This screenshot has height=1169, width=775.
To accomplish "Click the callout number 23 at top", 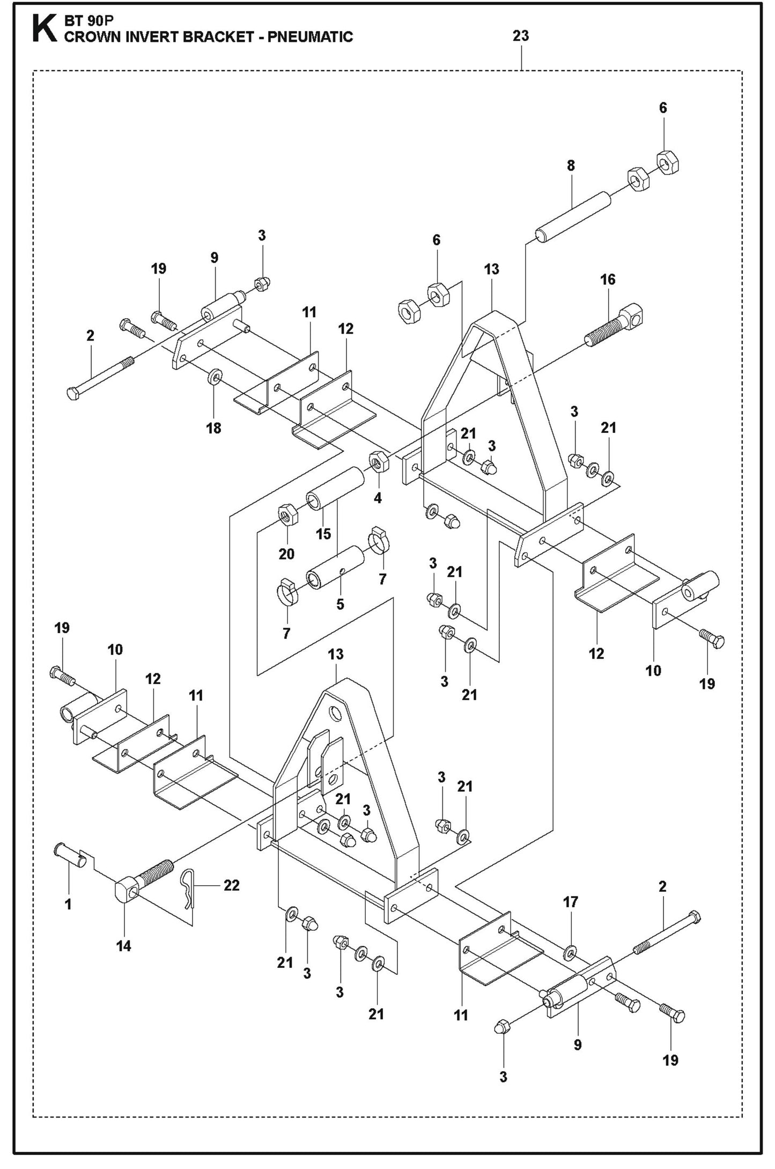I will [x=520, y=36].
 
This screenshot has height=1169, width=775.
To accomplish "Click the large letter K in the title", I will [x=44, y=29].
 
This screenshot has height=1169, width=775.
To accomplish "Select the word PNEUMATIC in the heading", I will [x=308, y=37].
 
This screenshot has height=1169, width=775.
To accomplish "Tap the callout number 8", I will [x=571, y=166].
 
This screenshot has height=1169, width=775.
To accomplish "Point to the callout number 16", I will [x=608, y=280].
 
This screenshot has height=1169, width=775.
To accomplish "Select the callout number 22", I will [x=231, y=885].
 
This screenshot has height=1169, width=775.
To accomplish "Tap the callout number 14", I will [x=123, y=946].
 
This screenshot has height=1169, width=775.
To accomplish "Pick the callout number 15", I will [x=323, y=534].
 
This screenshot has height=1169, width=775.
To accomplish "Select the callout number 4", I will [x=378, y=498].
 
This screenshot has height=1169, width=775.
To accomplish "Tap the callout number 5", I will [x=340, y=604].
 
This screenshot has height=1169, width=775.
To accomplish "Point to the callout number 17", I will [x=571, y=902].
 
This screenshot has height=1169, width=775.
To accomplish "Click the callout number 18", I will [x=213, y=428].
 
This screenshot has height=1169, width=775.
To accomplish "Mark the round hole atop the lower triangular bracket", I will [x=336, y=714].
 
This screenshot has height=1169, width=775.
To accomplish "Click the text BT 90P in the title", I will [x=86, y=20].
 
